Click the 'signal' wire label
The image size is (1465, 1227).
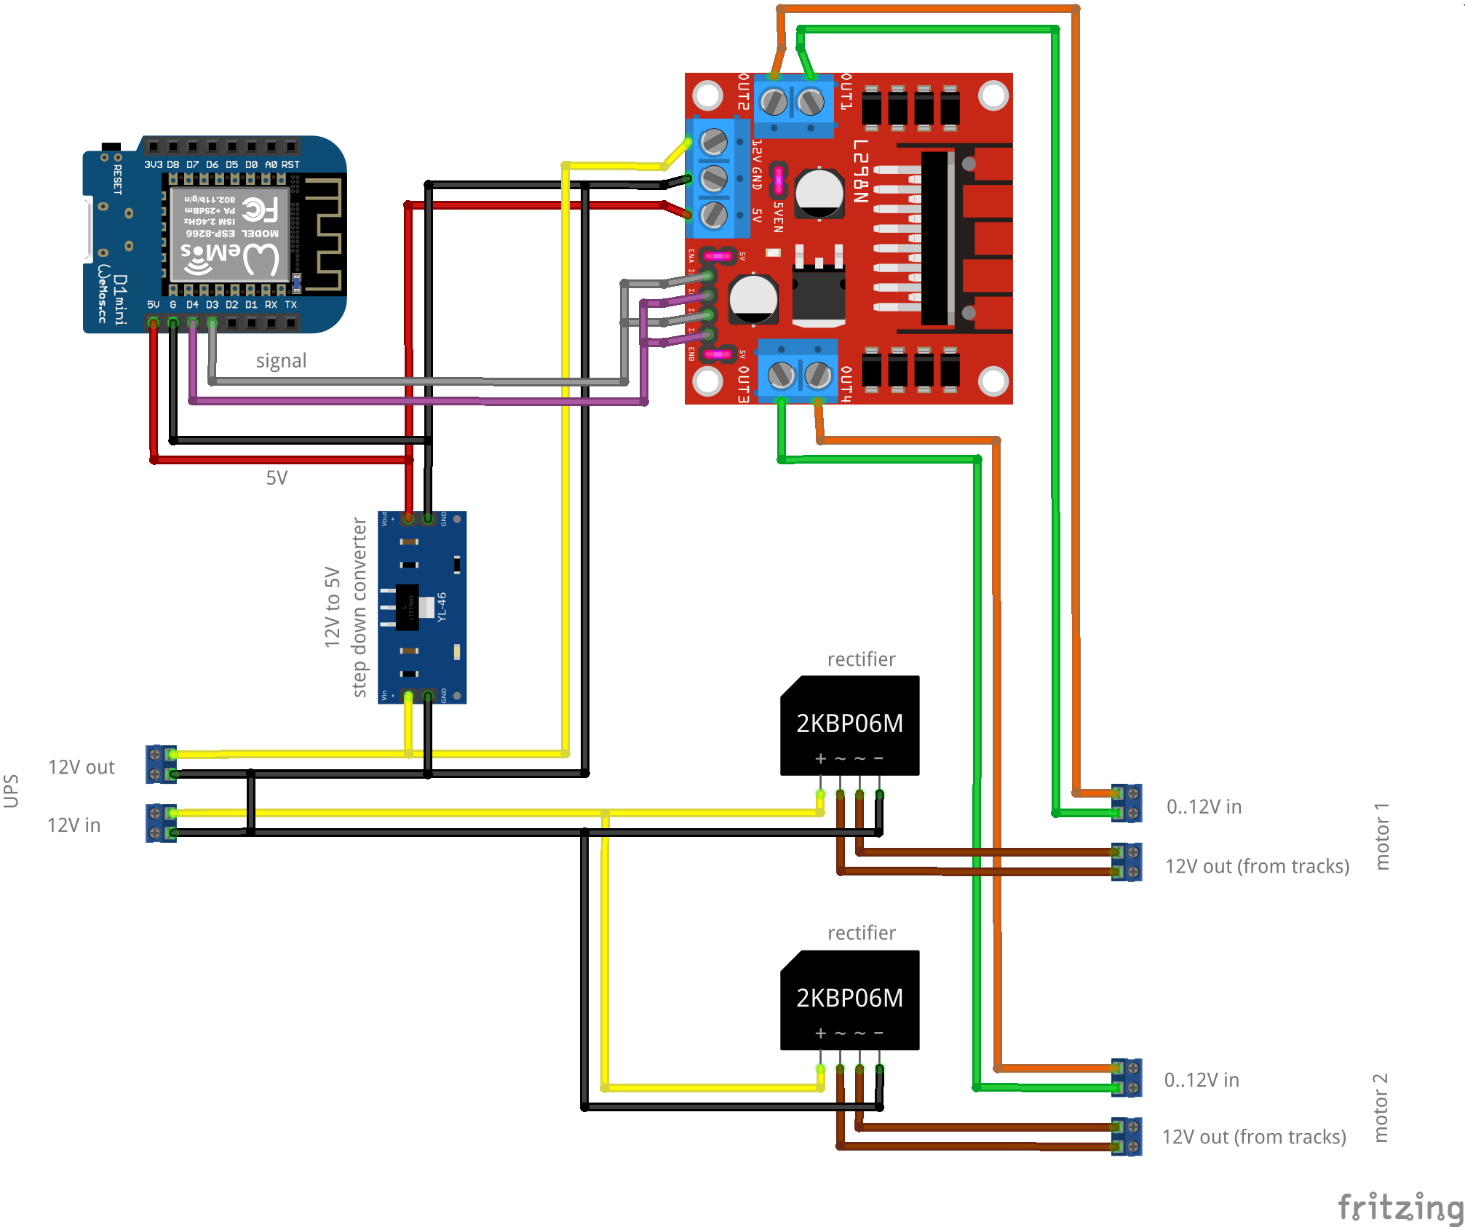click(x=281, y=361)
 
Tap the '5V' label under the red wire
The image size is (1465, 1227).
click(x=277, y=478)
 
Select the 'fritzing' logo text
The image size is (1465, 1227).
click(x=1400, y=1207)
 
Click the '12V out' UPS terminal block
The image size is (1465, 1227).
click(x=161, y=764)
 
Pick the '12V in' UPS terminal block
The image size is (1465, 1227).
click(x=161, y=823)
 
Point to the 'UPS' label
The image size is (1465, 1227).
click(x=11, y=791)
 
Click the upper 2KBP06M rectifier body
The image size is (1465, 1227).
click(x=849, y=725)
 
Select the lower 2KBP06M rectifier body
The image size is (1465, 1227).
click(x=849, y=999)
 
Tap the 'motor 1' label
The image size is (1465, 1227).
click(x=1381, y=836)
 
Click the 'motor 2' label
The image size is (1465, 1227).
click(x=1381, y=1108)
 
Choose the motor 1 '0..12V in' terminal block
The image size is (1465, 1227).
click(x=1127, y=803)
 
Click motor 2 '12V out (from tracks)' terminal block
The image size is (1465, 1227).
click(x=1127, y=1136)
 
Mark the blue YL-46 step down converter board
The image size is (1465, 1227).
click(x=422, y=607)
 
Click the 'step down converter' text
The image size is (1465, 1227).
click(x=359, y=607)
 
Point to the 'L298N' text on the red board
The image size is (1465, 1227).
click(x=860, y=171)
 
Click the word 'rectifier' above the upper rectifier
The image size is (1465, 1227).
click(x=861, y=659)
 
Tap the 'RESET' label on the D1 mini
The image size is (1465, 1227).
click(x=117, y=179)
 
